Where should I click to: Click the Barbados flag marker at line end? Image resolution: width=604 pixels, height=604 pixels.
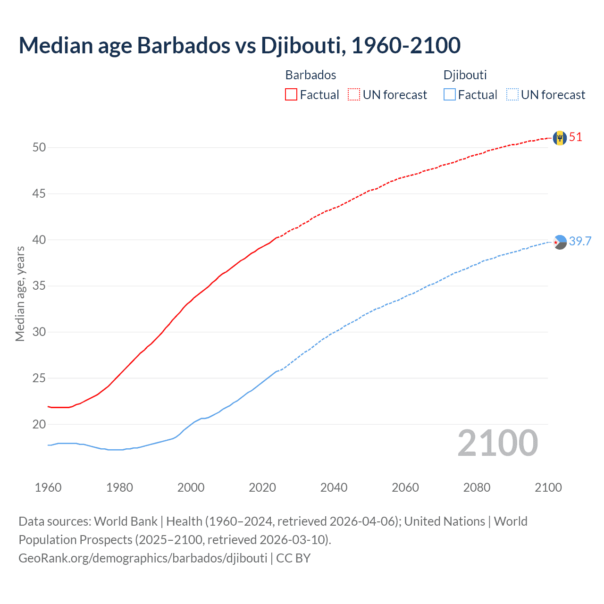560,138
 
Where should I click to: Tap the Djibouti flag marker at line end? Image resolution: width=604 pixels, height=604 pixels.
560,242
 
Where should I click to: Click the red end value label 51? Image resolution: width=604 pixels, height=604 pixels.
576,137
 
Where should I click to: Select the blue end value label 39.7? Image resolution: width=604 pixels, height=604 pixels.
580,242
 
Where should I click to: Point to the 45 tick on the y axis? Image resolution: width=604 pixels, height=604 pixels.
39,193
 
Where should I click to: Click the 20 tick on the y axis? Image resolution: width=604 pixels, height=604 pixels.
39,424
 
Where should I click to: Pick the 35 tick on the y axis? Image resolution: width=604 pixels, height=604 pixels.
39,286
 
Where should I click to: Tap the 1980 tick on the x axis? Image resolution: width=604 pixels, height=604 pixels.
119,487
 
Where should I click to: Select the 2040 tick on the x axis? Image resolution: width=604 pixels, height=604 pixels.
334,487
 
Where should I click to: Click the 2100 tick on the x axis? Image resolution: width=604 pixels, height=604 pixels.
548,487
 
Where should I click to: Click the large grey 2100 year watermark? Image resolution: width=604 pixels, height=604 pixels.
497,443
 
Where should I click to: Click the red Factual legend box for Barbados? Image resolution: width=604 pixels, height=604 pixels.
291,95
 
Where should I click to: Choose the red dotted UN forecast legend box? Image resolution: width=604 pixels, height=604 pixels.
354,95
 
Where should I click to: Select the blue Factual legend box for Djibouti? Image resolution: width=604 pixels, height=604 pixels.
450,95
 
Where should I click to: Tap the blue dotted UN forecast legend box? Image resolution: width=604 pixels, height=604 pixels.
512,95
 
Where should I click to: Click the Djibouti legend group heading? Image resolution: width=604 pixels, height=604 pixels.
465,75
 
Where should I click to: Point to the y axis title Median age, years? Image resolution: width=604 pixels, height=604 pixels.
20,294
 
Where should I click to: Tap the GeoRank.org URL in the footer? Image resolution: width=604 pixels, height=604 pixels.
143,558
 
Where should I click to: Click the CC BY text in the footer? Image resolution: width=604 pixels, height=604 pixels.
293,558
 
